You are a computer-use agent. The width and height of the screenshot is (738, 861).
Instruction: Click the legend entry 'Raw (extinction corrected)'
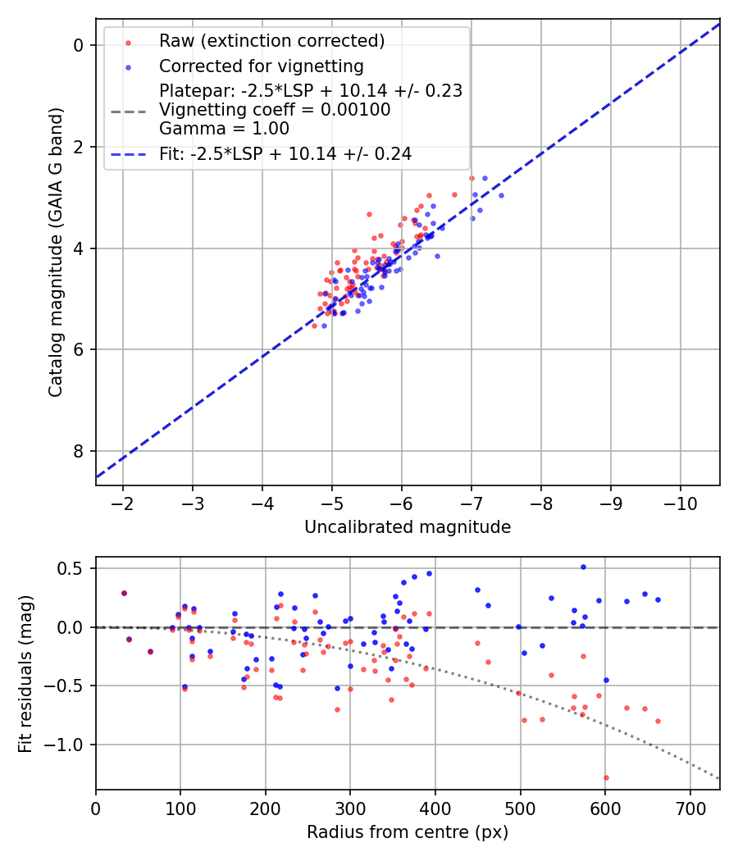click(271, 41)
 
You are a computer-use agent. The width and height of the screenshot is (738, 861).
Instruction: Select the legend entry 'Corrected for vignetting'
click(261, 66)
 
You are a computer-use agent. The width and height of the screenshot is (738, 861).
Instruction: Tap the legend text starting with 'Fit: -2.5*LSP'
click(285, 153)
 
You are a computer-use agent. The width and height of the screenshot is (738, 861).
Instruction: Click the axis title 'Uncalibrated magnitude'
click(408, 527)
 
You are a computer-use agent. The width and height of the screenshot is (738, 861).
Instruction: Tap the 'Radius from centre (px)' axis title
click(408, 832)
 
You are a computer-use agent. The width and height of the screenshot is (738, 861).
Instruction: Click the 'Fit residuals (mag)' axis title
click(25, 673)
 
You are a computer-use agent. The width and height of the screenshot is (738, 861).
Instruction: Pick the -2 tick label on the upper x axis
click(123, 500)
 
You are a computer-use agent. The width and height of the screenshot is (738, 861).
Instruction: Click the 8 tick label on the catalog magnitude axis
click(79, 451)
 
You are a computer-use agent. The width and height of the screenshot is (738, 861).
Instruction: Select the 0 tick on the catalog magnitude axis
click(79, 45)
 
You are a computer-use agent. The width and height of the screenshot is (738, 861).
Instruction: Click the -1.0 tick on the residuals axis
click(69, 745)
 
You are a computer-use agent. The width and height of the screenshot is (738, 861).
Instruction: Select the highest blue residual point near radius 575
click(583, 567)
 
